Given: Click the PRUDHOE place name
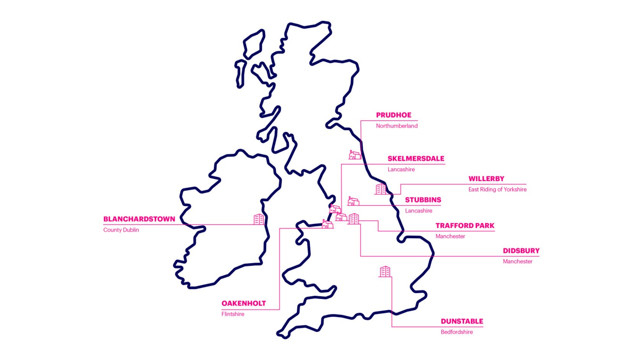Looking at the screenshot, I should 394,115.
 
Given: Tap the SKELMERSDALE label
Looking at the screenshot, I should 416,159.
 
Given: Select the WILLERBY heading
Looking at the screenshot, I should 486,178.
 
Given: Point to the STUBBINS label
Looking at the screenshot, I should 423,200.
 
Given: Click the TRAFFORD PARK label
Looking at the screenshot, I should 465,225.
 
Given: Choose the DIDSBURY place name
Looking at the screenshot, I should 521,251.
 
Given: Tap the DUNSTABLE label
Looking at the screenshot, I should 462,321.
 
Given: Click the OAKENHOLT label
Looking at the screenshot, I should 243,303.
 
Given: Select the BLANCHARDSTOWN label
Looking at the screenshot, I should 139,219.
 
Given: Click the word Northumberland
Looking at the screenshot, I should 397,126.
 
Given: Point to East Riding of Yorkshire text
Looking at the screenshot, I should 497,189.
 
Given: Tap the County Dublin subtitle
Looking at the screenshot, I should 121,230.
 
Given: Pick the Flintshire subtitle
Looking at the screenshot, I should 233,314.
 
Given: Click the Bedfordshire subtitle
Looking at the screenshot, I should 457,332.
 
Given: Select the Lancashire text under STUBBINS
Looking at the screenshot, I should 418,211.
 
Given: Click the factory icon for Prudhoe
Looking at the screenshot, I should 355,155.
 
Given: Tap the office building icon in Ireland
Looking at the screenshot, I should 259,219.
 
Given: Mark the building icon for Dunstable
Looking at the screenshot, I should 385,271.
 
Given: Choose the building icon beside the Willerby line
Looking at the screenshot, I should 381,189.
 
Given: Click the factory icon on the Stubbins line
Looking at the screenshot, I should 353,201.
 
